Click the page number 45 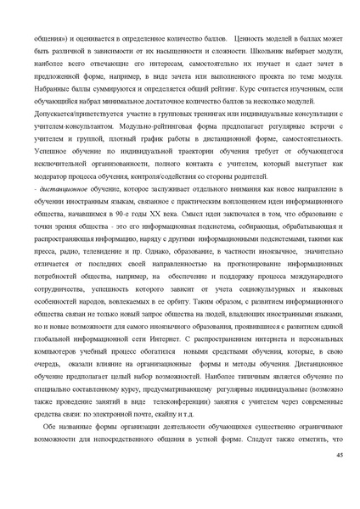(338, 455)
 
